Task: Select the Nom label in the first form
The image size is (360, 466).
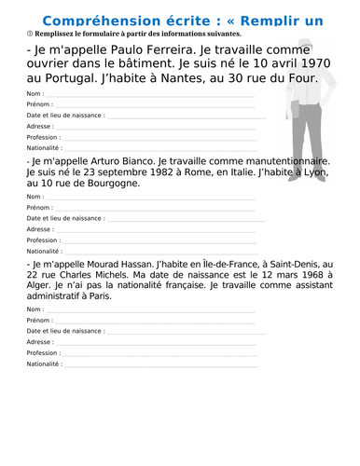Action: tap(35, 94)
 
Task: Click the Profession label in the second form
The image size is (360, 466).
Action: tap(44, 240)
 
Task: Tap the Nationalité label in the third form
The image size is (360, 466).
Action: tap(44, 364)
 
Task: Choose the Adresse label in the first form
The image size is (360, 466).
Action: tap(39, 126)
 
